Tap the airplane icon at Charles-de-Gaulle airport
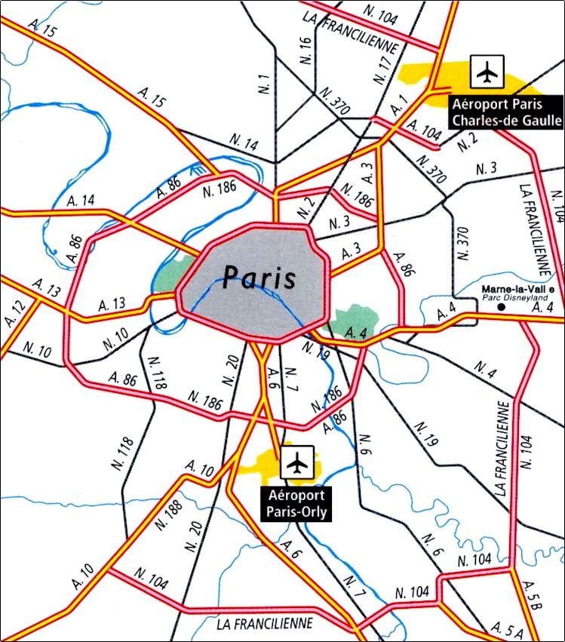coord(488,72)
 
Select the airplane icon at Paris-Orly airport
coord(298,461)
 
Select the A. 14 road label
coord(81,201)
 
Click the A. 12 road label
coord(14,312)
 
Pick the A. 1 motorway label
coord(399,102)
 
